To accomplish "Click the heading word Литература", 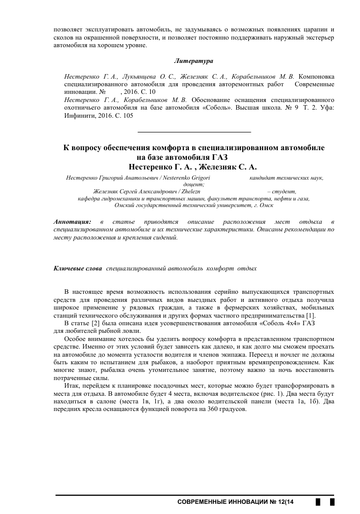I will point(193,61).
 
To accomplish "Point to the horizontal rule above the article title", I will point(194,132).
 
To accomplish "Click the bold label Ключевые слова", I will point(78,267).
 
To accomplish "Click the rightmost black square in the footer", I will point(332,502).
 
